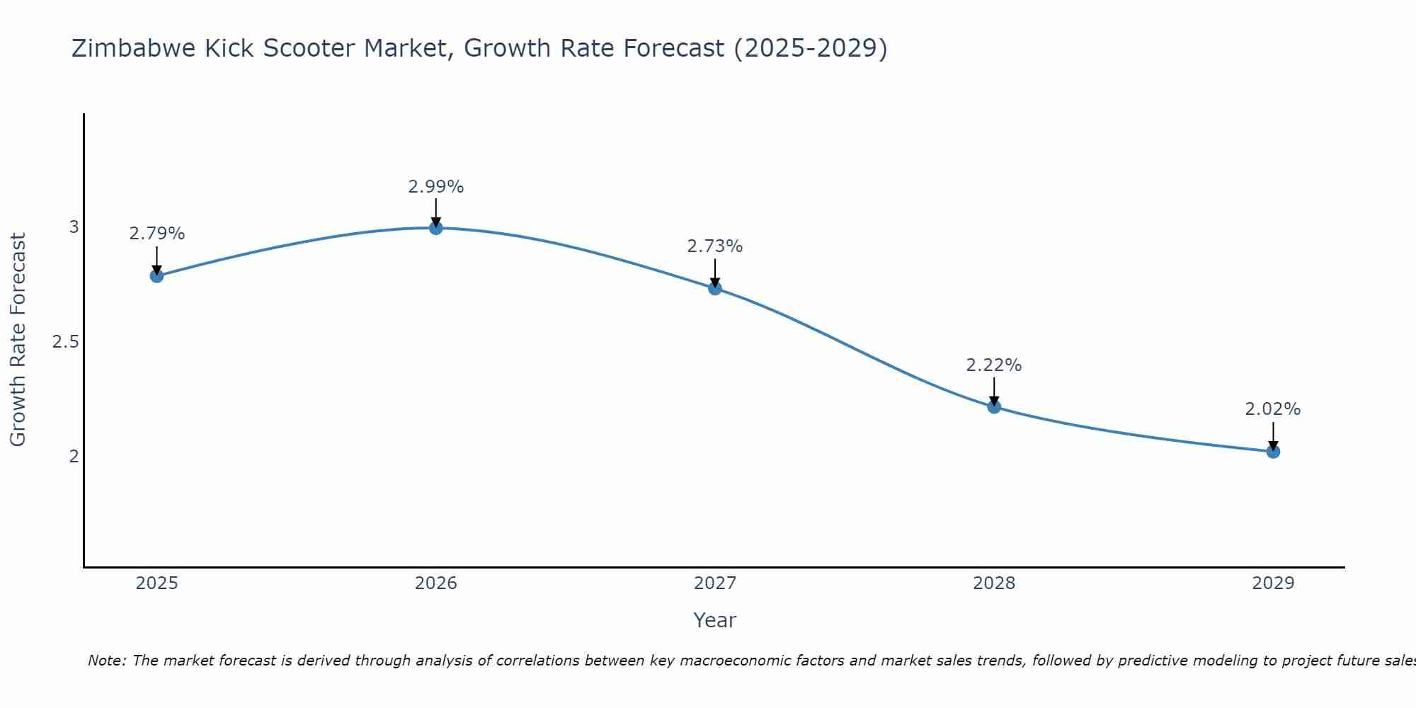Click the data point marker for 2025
(157, 275)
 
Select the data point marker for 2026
(436, 228)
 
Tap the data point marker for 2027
(715, 288)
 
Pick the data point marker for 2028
(994, 406)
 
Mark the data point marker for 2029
(1273, 451)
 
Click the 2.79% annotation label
(157, 234)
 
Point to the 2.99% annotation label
(436, 187)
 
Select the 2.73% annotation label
(715, 246)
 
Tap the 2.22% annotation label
(994, 365)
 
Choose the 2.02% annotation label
(1273, 409)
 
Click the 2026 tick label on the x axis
(436, 583)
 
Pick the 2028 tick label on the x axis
(994, 583)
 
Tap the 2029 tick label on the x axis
(1273, 583)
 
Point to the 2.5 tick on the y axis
(65, 342)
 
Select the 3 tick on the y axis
(74, 227)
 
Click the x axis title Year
(715, 620)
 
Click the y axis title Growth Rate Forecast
(18, 340)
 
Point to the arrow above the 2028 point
(994, 391)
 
